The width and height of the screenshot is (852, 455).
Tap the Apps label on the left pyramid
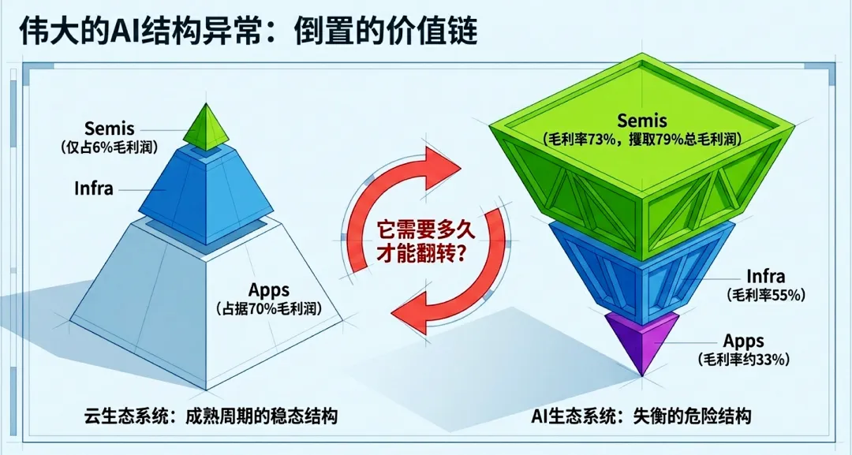[x=269, y=289]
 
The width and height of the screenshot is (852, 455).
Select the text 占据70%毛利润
[x=269, y=308]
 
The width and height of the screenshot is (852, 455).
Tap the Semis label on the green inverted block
[x=641, y=120]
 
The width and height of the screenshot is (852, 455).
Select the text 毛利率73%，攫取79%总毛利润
[x=641, y=138]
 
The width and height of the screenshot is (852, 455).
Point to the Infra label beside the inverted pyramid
[x=765, y=277]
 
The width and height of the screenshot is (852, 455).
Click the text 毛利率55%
[x=765, y=296]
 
